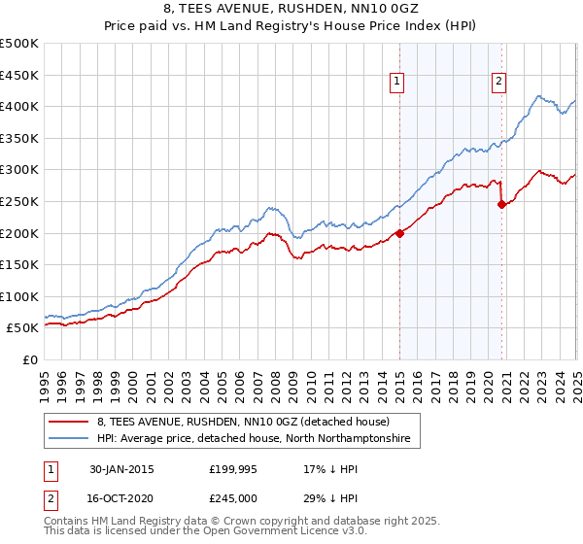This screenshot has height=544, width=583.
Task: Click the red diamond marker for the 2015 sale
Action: (399, 233)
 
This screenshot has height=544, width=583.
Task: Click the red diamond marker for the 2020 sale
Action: (502, 204)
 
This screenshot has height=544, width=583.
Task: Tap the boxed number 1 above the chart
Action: (398, 83)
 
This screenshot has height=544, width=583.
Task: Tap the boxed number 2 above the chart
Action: (498, 83)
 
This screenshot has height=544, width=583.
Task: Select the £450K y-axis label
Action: (21, 75)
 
